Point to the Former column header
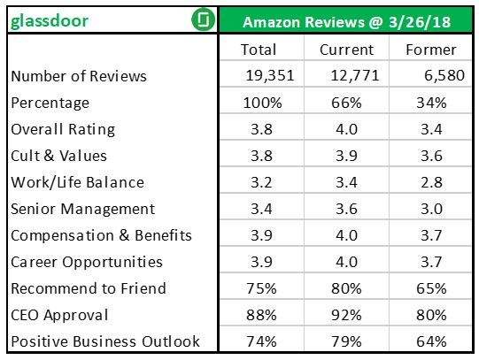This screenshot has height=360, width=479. click(x=430, y=50)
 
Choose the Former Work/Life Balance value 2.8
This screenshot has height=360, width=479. click(x=430, y=182)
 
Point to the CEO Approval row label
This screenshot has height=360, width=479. click(x=59, y=315)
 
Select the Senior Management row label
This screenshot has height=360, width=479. click(x=83, y=209)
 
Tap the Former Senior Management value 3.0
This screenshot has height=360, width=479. click(x=430, y=209)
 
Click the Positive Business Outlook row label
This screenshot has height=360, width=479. click(x=105, y=341)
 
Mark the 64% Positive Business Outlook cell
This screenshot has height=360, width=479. click(x=430, y=341)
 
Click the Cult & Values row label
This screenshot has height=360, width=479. click(x=58, y=156)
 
